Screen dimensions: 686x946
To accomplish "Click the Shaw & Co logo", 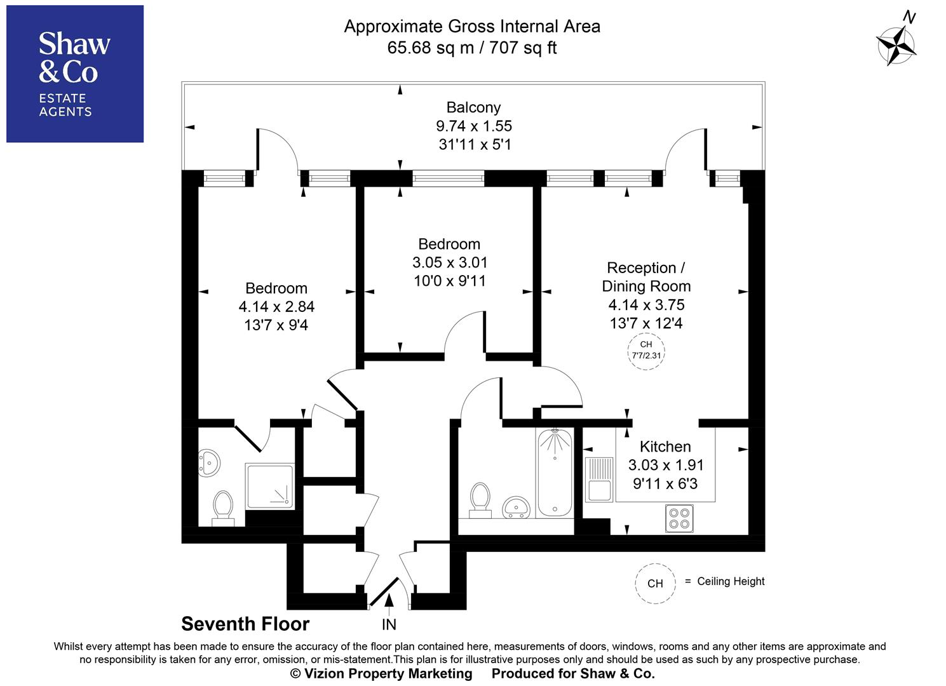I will coord(75,74).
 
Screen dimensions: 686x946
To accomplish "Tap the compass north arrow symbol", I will coord(896,45).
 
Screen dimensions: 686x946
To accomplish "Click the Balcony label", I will coord(473,107).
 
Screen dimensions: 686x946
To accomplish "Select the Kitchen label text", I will coord(665,447).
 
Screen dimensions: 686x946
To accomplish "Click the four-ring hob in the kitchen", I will coord(679,518).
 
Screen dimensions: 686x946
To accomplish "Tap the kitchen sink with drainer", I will coord(598,479).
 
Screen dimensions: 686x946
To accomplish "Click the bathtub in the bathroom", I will coord(555,473).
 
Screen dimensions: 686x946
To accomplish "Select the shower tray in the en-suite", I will coord(270,486).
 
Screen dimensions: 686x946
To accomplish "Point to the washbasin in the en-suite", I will coord(208,463).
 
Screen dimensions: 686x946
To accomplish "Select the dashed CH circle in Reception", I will coord(646,351).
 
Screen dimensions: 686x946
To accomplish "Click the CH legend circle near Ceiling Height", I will coord(655,583).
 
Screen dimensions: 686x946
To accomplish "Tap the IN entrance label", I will coord(389,624).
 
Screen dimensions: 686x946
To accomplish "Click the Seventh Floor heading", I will coord(245,624).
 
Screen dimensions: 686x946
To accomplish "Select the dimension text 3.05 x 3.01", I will coord(450,262).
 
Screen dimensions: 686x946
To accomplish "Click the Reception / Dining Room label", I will coord(646,277).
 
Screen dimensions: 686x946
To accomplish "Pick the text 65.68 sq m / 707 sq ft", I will coord(472,48).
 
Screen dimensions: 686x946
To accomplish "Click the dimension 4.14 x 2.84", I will coord(276,307).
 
